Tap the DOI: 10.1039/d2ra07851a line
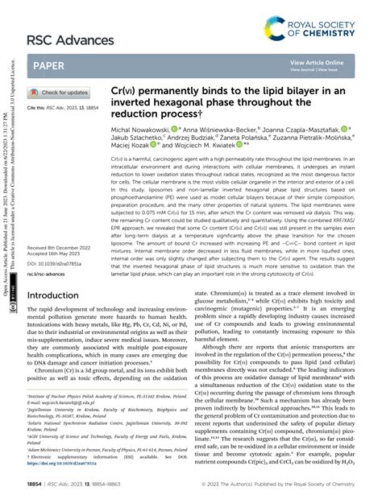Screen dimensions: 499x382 click(x=59, y=240)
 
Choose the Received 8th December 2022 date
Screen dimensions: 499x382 click(x=64, y=221)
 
